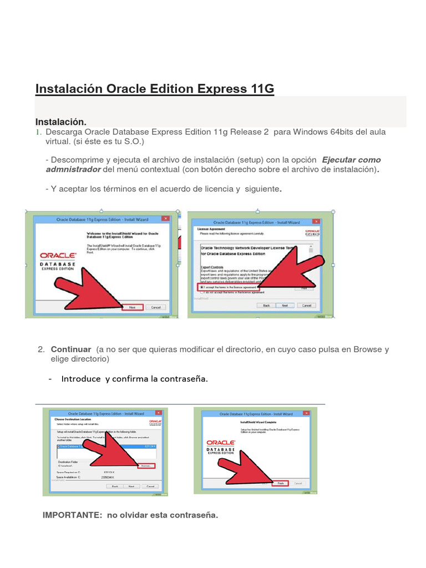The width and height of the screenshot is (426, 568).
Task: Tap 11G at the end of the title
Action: (260, 89)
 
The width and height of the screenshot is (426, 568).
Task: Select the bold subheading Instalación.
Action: (61, 121)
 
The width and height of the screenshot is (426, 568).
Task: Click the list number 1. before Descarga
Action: (39, 132)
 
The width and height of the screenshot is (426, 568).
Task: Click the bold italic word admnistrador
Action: (73, 169)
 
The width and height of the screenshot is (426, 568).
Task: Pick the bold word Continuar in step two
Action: (71, 349)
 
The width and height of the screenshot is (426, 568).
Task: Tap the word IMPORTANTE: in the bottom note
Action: (73, 515)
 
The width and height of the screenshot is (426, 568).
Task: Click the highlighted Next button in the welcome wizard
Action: (132, 307)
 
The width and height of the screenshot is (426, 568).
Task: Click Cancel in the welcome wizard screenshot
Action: (156, 307)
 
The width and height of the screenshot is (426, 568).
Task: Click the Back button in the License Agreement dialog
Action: (266, 306)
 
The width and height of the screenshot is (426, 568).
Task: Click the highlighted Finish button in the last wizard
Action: (280, 483)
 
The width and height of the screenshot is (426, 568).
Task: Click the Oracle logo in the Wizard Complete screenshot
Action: (221, 443)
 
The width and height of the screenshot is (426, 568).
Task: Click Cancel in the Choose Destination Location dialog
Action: (150, 486)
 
